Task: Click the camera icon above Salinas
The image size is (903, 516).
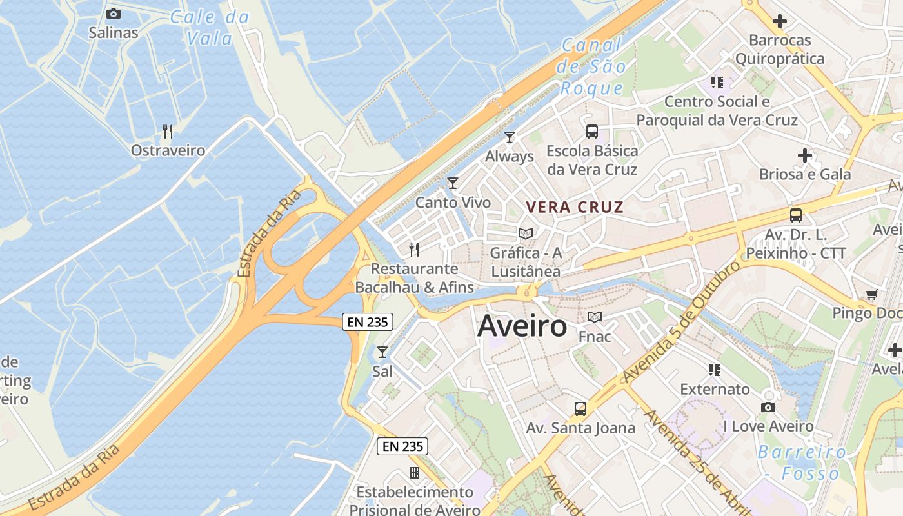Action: (x=113, y=14)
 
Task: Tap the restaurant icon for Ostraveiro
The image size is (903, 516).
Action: (x=168, y=132)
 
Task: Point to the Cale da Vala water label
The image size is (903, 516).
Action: (x=210, y=28)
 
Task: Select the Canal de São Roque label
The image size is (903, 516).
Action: (x=592, y=66)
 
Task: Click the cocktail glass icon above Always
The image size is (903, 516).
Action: (x=510, y=137)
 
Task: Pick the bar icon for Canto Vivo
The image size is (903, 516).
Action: (x=453, y=183)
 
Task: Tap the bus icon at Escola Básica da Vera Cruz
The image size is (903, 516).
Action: (x=591, y=132)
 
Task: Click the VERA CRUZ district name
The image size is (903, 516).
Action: (x=575, y=207)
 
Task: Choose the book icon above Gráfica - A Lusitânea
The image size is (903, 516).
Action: (x=526, y=233)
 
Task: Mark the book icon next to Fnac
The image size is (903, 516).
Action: (x=595, y=317)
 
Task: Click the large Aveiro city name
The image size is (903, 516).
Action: (x=522, y=326)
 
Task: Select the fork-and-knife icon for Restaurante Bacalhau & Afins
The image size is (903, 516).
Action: (x=414, y=249)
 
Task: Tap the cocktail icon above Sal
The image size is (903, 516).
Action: (x=382, y=352)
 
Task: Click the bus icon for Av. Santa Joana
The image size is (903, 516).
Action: (x=580, y=408)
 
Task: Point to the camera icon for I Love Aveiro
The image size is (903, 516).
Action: (x=768, y=407)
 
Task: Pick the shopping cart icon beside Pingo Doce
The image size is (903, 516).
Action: (x=872, y=294)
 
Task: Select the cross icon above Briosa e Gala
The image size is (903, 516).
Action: (x=804, y=155)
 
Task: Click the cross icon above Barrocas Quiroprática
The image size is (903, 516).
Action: (x=780, y=21)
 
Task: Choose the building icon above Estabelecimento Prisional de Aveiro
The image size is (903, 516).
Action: (x=415, y=473)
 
